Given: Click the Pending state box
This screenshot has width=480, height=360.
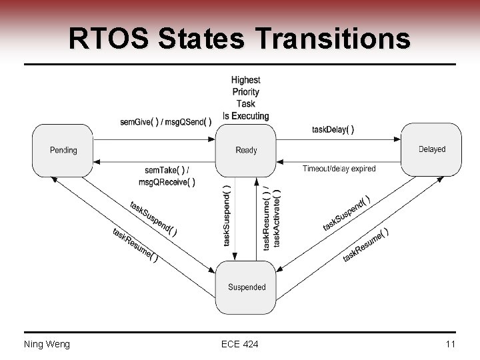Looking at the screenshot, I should point(63,151).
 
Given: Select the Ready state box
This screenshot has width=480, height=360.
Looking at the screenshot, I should point(246,151).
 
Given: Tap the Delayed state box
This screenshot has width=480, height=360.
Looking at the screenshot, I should point(431,150).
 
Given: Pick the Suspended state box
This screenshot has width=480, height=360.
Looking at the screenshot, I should point(247,287).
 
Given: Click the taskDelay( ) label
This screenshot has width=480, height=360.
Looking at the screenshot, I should point(333,129).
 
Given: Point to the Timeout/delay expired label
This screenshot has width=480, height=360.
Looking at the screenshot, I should point(339,169).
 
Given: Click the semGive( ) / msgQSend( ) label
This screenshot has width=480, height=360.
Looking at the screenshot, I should point(166,121).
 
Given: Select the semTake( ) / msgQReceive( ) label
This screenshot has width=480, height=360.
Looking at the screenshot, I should point(167,176).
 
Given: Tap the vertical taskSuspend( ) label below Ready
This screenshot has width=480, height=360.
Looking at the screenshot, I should point(227,215).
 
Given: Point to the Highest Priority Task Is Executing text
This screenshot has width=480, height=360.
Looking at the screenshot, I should point(246,98).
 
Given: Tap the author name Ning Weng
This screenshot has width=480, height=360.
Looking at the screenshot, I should point(47,344).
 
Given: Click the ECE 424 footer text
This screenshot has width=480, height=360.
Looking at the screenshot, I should point(240,344).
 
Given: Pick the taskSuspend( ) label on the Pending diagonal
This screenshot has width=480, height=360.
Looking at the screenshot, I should point(153,219).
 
